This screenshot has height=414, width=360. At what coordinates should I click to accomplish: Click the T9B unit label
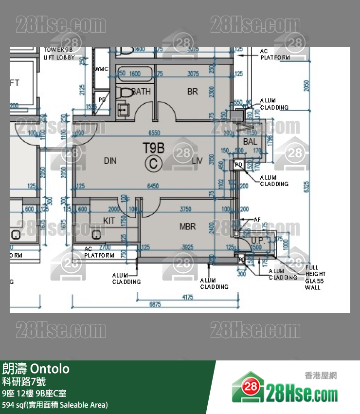[x=153, y=147]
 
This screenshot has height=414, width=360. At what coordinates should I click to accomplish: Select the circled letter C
[x=154, y=164]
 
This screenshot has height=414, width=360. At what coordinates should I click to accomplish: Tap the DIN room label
[x=110, y=161]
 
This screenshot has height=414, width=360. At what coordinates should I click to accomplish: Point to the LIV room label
[x=197, y=161]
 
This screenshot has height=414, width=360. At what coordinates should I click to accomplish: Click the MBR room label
[x=188, y=226]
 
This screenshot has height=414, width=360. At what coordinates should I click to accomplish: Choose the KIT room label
[x=109, y=221]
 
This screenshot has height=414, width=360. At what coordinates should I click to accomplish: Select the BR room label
[x=193, y=92]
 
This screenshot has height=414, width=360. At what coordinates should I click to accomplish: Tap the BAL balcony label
[x=250, y=142]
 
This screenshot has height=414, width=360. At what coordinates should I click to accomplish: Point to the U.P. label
[x=257, y=241]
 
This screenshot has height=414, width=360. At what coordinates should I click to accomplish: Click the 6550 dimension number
[x=154, y=132]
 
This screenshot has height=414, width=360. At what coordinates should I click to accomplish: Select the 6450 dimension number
[x=152, y=186]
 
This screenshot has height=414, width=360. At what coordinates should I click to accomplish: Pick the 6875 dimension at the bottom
[x=155, y=304]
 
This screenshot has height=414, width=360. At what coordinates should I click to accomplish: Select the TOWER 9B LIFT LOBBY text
[x=59, y=54]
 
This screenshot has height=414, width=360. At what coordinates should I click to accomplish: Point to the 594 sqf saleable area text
[x=54, y=405]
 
